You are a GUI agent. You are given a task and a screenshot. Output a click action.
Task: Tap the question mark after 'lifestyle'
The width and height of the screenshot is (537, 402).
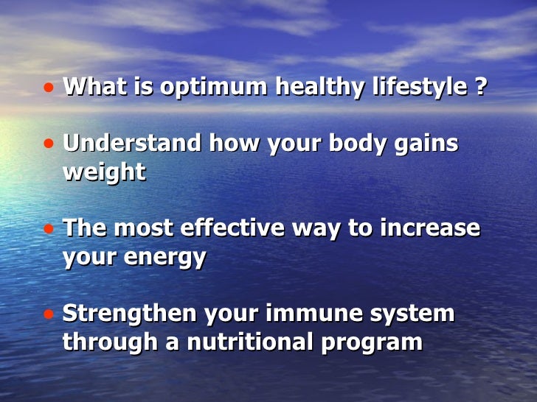[x=480, y=88]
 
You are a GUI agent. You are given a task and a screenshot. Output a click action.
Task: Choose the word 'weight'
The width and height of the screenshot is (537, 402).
[x=104, y=172]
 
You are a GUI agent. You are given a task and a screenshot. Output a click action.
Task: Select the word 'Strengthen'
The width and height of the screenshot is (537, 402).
[x=129, y=314]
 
